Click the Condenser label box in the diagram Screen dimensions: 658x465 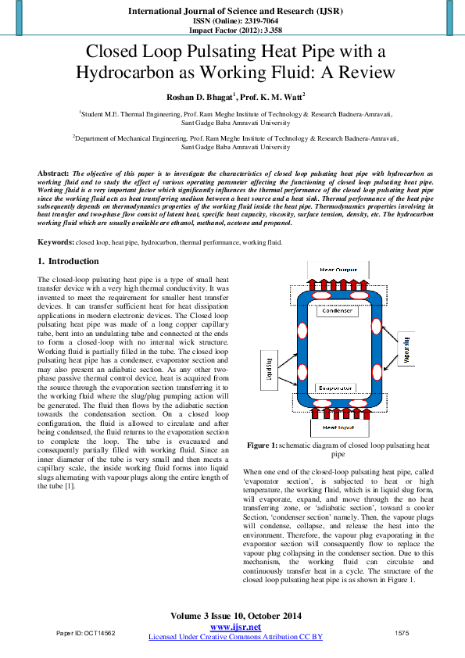click(x=337, y=310)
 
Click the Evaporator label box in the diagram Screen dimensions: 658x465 click(x=337, y=387)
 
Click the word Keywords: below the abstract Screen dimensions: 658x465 click(x=56, y=242)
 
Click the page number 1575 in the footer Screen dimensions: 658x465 click(x=402, y=632)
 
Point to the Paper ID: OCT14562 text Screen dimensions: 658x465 click(x=86, y=632)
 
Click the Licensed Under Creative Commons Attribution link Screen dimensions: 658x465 click(x=235, y=637)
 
